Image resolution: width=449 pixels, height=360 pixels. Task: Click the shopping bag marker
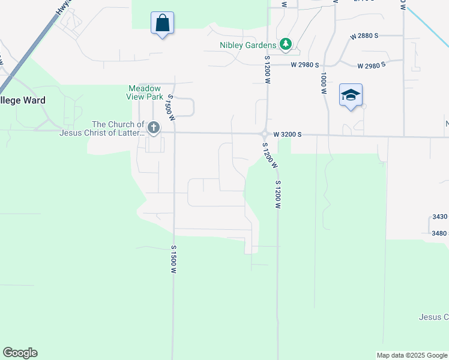point(162,24)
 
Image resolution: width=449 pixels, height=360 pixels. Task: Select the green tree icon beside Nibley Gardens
point(286,44)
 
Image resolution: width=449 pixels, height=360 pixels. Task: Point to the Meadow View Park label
point(145,92)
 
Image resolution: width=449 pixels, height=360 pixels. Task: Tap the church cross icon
point(154,127)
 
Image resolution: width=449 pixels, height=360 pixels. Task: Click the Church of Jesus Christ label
point(101,129)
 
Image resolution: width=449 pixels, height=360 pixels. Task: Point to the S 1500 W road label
point(173,260)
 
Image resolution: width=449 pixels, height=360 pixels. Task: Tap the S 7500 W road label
point(170,107)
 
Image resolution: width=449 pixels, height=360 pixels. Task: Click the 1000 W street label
point(323,83)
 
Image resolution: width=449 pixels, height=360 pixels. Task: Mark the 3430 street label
point(440,216)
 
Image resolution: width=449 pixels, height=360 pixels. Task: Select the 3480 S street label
point(439,233)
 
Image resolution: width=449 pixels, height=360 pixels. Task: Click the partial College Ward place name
point(23,100)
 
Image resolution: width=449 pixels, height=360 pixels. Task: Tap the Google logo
point(20,353)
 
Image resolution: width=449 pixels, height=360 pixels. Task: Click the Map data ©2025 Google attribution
point(412,355)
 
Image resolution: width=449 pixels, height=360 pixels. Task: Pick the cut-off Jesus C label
point(433,317)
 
